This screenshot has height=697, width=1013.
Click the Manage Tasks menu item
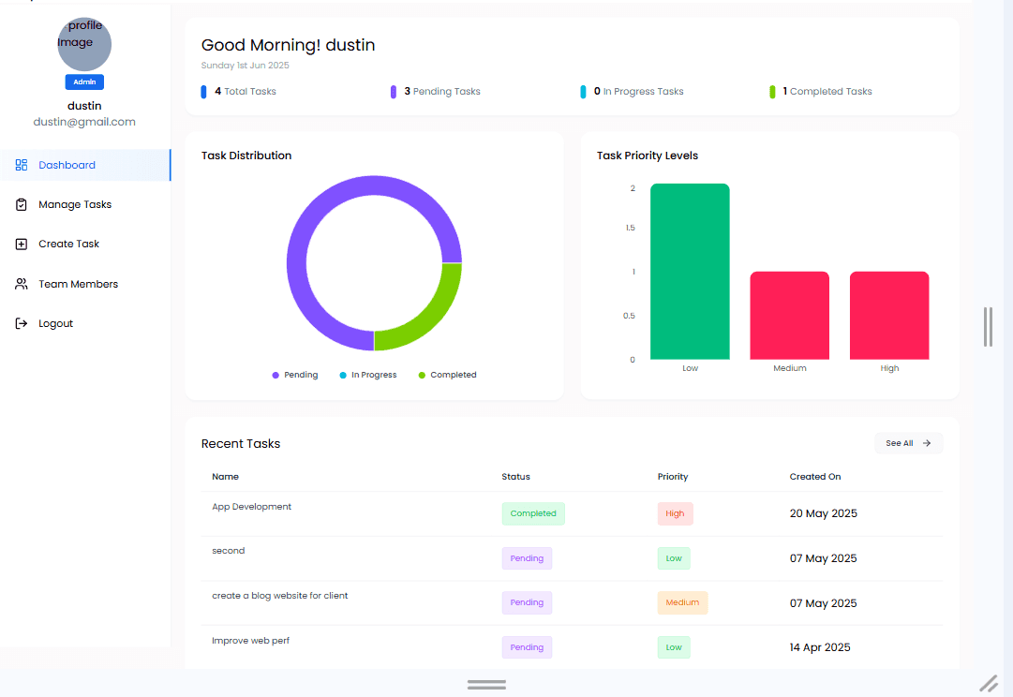click(x=64, y=205)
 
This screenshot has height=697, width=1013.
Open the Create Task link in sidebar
click(x=57, y=245)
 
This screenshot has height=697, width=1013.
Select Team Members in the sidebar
click(x=67, y=284)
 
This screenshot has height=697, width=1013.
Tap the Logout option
click(x=44, y=323)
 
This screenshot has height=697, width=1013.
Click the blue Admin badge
click(x=84, y=82)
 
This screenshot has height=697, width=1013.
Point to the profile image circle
click(x=84, y=45)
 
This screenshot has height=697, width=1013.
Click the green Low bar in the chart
click(x=690, y=272)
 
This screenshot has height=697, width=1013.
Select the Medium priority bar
click(x=789, y=315)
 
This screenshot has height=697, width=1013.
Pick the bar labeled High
click(x=889, y=315)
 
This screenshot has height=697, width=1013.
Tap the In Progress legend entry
click(x=368, y=375)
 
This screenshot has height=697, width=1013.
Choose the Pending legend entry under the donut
click(x=295, y=375)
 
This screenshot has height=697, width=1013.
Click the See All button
click(x=908, y=443)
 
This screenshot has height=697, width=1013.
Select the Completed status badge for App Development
click(x=533, y=513)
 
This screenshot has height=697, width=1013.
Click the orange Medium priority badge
click(x=682, y=602)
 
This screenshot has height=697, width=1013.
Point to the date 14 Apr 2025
click(x=820, y=647)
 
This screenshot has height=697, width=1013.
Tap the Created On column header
click(x=815, y=477)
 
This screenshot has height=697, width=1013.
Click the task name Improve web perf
click(x=250, y=641)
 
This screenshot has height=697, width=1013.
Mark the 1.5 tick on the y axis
click(x=631, y=228)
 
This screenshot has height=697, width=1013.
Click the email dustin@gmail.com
click(x=84, y=122)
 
